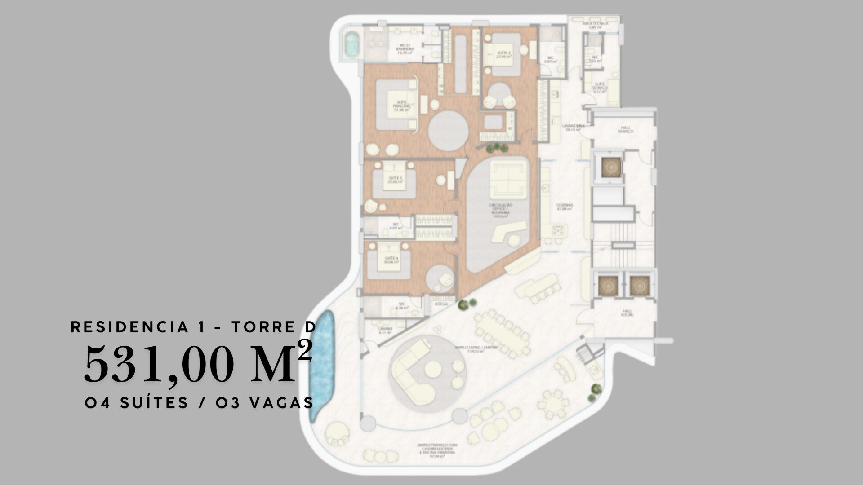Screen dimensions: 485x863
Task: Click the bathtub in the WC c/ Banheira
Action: coord(351,44)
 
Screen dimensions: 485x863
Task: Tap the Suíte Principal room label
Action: coord(401,105)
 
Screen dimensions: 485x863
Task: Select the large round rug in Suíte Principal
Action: coord(448,131)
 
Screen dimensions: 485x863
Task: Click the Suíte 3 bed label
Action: coord(395,180)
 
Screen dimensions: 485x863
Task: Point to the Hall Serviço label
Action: coord(625,129)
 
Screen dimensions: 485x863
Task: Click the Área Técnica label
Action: coord(595,25)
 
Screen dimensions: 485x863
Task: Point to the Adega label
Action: coord(441,304)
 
